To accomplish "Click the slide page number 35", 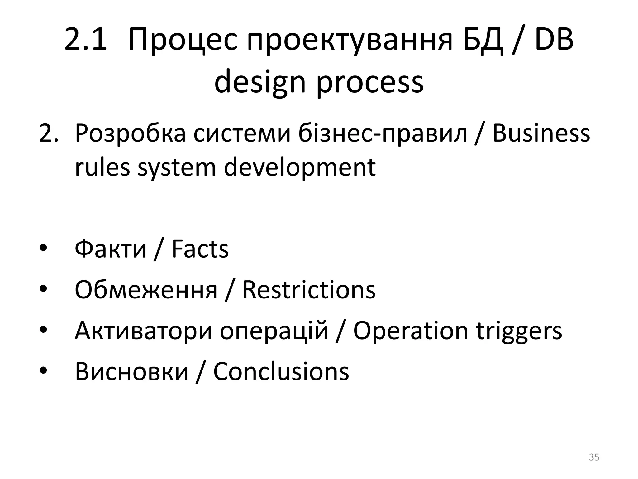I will pyautogui.click(x=594, y=457).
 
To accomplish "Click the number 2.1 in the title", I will pyautogui.click(x=85, y=40).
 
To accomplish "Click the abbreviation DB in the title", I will pyautogui.click(x=554, y=40).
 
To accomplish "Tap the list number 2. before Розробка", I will pyautogui.click(x=48, y=133).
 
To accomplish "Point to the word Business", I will pyautogui.click(x=541, y=133).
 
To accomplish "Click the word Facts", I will pyautogui.click(x=200, y=249).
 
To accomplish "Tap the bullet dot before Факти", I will pyautogui.click(x=43, y=249).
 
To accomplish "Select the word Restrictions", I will pyautogui.click(x=309, y=290).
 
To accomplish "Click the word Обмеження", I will pyautogui.click(x=146, y=290).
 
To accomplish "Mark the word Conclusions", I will pyautogui.click(x=281, y=371).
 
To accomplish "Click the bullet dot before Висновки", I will pyautogui.click(x=43, y=371).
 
